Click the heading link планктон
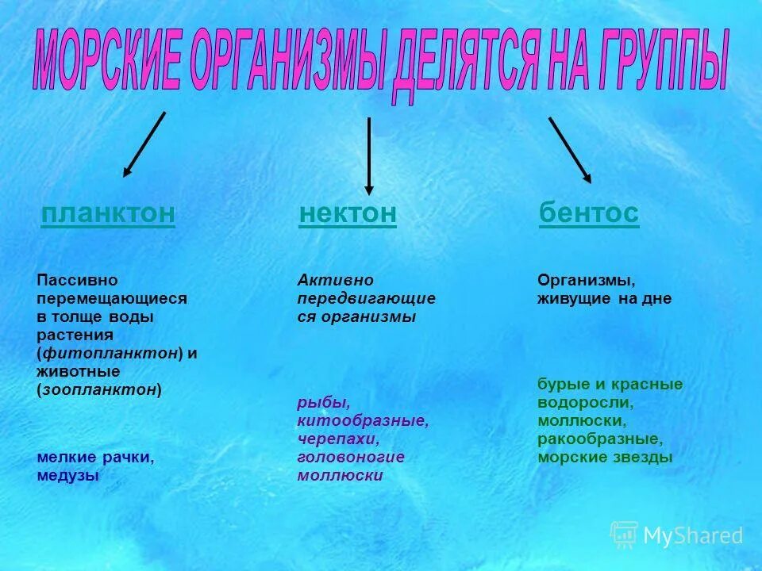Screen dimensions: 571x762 107,213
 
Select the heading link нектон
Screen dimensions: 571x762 347,213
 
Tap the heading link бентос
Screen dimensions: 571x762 588,213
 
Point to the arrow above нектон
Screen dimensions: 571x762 368,155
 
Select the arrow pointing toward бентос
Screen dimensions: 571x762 569,151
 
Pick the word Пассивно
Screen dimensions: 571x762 77,280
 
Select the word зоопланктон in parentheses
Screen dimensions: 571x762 99,389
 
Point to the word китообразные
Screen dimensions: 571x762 363,421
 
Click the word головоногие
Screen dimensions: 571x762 351,457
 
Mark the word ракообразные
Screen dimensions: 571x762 599,439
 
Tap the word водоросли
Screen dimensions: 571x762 585,402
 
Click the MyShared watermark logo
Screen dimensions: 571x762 677,535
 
